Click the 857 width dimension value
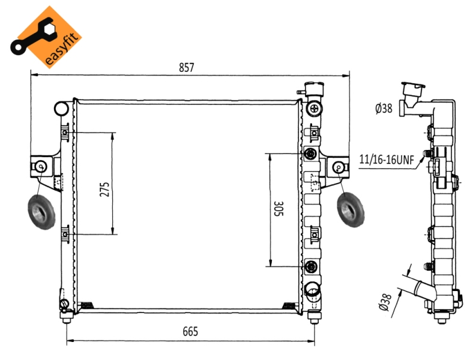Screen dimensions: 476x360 tap(186, 67)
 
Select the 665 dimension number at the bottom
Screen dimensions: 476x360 tap(190, 331)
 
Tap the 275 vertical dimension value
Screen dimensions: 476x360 tap(104, 189)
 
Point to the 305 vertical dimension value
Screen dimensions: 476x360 tap(279, 209)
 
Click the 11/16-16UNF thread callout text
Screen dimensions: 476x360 tap(387, 160)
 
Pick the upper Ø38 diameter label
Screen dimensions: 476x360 tap(384, 109)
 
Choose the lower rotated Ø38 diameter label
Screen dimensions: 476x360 tap(385, 302)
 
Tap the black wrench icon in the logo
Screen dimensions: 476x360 tap(33, 37)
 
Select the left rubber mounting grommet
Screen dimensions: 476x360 tap(41, 212)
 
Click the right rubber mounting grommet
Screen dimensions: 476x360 tap(351, 209)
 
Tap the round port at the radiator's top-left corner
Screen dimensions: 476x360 tap(61, 109)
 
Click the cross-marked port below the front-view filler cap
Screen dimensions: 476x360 tap(314, 109)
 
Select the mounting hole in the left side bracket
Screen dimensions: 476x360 tap(41, 167)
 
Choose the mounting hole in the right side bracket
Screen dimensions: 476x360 tap(339, 167)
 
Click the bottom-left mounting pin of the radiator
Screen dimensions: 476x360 tap(67, 317)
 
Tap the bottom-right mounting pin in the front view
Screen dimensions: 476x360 tap(314, 317)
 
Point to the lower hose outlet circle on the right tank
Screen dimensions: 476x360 tap(312, 289)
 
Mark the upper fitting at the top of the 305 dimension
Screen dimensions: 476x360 tap(310, 154)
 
